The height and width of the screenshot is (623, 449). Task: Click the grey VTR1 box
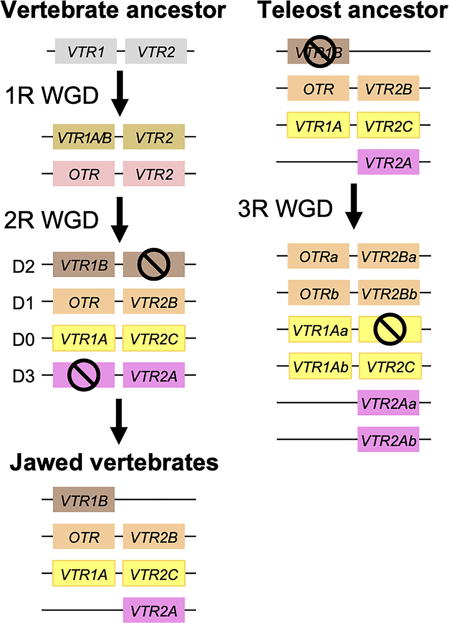pos(86,51)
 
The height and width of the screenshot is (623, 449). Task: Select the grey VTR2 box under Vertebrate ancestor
pos(156,51)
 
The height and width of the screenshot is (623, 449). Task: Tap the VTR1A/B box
pos(84,137)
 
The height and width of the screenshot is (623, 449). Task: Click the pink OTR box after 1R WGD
pos(84,174)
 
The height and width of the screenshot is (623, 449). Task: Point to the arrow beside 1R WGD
pos(120,93)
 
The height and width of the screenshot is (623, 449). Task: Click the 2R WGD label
pos(51,220)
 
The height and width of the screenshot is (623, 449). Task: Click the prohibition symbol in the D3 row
pos(84,375)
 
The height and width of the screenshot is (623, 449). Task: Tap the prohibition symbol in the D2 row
pos(154,264)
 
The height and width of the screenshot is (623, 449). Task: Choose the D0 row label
pos(24,339)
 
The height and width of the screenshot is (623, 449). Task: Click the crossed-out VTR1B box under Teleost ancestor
pos(318,51)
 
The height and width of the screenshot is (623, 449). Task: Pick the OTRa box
pos(318,256)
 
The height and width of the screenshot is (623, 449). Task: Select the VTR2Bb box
pos(389,293)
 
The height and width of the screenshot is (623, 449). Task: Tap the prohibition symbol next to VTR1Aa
pos(390,329)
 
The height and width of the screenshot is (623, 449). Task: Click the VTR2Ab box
pos(388,440)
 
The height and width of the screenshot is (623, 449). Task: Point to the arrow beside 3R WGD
pos(354,206)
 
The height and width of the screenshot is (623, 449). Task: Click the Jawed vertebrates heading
pos(114,462)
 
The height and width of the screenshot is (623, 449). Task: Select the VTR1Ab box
pos(320,366)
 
